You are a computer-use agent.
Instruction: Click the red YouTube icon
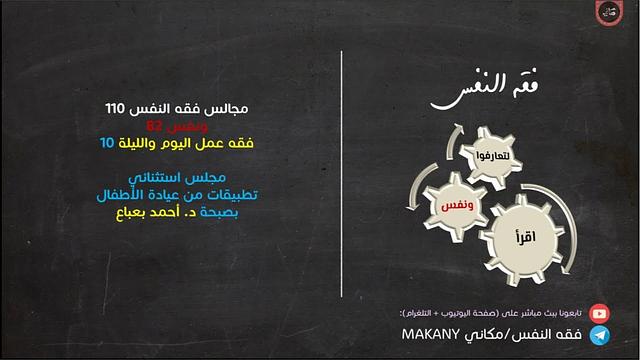click(599, 313)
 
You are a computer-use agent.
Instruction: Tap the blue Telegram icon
click(599, 334)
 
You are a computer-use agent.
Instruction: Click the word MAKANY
click(429, 335)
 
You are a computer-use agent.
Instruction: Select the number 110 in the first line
click(120, 106)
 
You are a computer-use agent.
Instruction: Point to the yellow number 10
click(107, 144)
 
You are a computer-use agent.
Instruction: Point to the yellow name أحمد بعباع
click(149, 214)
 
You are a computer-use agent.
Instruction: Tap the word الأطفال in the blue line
click(130, 195)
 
